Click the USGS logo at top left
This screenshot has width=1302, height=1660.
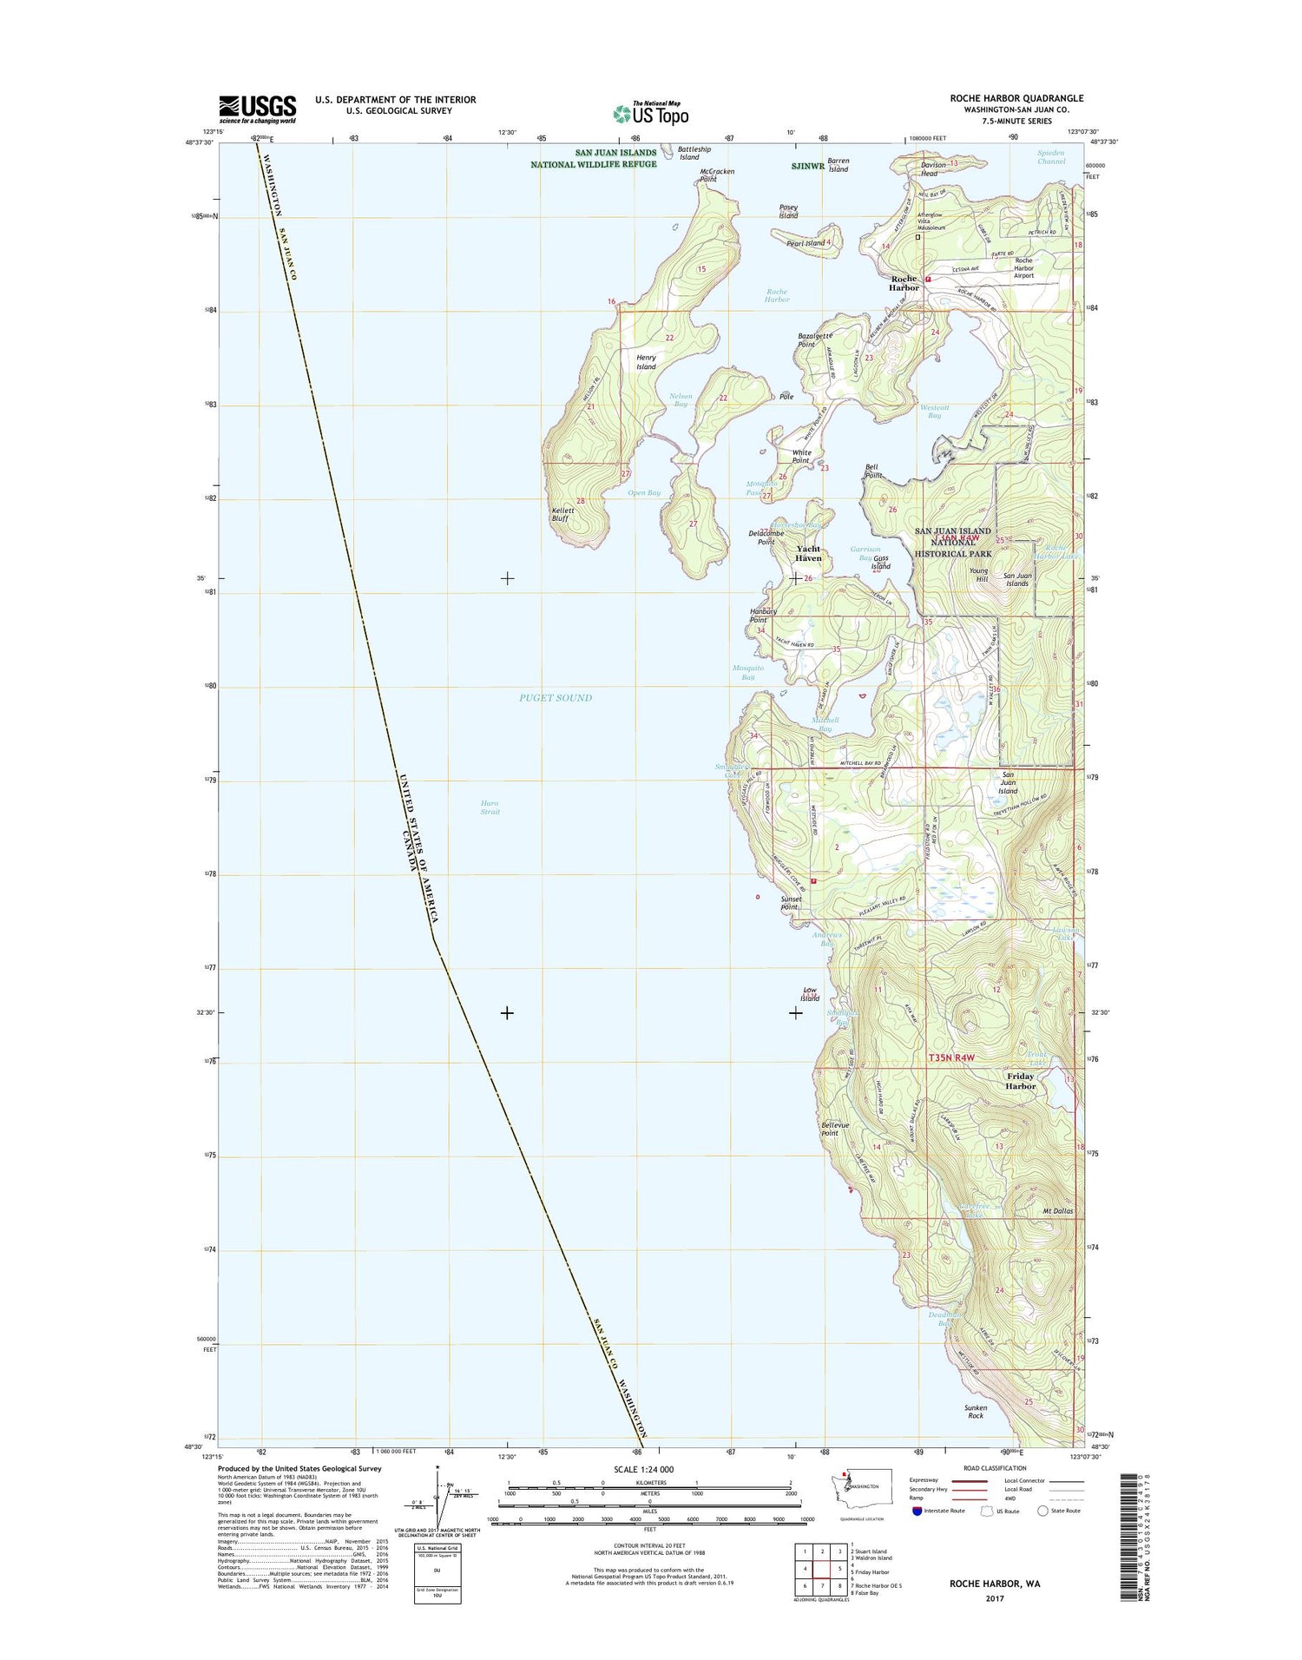pyautogui.click(x=257, y=109)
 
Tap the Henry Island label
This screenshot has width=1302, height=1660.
pyautogui.click(x=646, y=362)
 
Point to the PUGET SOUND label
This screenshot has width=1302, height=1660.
pyautogui.click(x=556, y=697)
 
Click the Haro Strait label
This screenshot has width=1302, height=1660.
pyautogui.click(x=490, y=807)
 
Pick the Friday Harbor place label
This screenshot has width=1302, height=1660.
pyautogui.click(x=1020, y=1081)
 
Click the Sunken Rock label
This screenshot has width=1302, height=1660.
pyautogui.click(x=975, y=1411)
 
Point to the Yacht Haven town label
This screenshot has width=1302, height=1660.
pyautogui.click(x=808, y=553)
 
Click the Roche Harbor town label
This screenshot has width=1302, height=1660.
pyautogui.click(x=903, y=283)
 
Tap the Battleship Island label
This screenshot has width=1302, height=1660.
pyautogui.click(x=688, y=153)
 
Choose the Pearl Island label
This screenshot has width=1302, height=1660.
pyautogui.click(x=806, y=243)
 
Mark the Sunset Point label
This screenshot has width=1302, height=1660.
pyautogui.click(x=789, y=903)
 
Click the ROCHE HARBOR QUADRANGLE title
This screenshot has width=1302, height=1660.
pyautogui.click(x=1016, y=98)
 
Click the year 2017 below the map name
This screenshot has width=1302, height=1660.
pyautogui.click(x=994, y=1598)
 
